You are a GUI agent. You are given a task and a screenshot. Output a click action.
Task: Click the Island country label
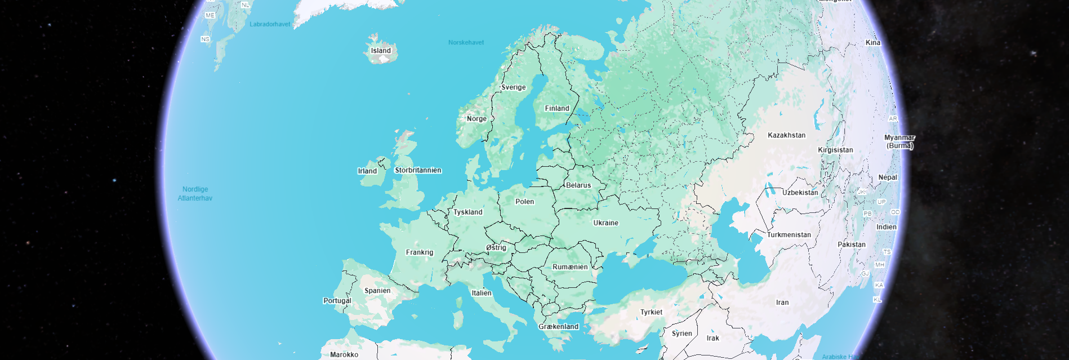[x=381, y=51]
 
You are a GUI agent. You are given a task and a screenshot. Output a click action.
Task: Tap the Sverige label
[x=513, y=87]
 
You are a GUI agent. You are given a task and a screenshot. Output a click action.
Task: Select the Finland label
[x=556, y=108]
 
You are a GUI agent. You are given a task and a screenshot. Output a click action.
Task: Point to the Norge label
[x=476, y=119]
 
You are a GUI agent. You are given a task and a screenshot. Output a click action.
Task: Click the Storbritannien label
[x=418, y=170]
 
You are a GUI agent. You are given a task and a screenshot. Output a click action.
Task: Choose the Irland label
[x=367, y=171]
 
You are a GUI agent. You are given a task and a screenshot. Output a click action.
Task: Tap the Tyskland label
[x=468, y=212]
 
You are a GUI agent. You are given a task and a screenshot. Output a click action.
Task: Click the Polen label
[x=524, y=202]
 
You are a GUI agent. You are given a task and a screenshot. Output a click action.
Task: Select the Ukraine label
[x=605, y=223]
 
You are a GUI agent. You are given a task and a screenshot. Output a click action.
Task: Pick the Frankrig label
[x=420, y=252]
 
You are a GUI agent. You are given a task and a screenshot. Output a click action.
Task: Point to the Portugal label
[x=337, y=301]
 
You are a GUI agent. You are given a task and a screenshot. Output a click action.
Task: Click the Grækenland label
[x=558, y=327]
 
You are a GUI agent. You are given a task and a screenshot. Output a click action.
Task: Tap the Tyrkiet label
[x=651, y=312]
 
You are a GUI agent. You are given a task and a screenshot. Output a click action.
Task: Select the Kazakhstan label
[x=786, y=135]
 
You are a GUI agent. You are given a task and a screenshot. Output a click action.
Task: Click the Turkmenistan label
[x=789, y=235]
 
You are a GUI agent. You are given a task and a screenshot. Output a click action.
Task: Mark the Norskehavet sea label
[x=466, y=42]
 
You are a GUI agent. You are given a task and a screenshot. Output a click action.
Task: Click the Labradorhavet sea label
[x=270, y=24]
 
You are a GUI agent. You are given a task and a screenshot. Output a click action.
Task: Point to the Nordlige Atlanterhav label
[x=195, y=194]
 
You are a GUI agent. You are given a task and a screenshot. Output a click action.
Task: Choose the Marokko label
[x=344, y=354]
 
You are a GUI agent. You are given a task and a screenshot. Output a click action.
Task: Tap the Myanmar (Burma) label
[x=899, y=141]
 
